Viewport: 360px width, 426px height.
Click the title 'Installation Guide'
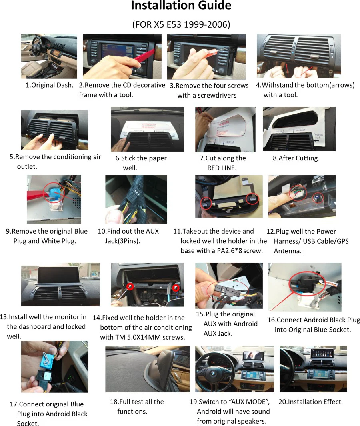[181, 6]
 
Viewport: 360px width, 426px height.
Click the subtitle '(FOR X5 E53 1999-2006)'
[181, 25]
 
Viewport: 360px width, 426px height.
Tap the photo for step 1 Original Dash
[49, 56]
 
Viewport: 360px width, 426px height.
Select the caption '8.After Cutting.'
[296, 158]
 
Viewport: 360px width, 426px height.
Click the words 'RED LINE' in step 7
[222, 168]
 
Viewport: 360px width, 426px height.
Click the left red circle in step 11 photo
[206, 202]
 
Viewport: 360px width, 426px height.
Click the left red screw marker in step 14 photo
[130, 287]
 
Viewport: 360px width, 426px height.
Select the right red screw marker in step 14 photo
[175, 287]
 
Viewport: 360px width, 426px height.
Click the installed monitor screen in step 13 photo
[60, 275]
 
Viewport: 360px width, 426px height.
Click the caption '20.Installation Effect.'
[310, 402]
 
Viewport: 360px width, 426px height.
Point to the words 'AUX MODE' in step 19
[250, 402]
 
